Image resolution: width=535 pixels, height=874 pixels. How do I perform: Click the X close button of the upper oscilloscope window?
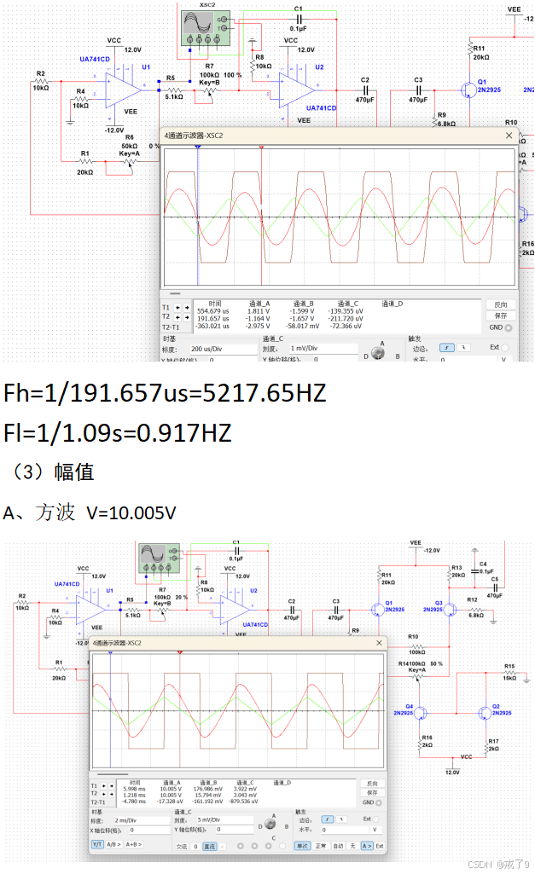(509, 136)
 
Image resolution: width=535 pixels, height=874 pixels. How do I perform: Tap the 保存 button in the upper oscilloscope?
(501, 315)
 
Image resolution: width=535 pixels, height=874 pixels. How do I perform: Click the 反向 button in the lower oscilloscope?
(371, 784)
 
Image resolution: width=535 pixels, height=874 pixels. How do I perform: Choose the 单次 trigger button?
(302, 846)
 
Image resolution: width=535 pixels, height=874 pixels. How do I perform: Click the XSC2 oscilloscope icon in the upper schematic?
(206, 28)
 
